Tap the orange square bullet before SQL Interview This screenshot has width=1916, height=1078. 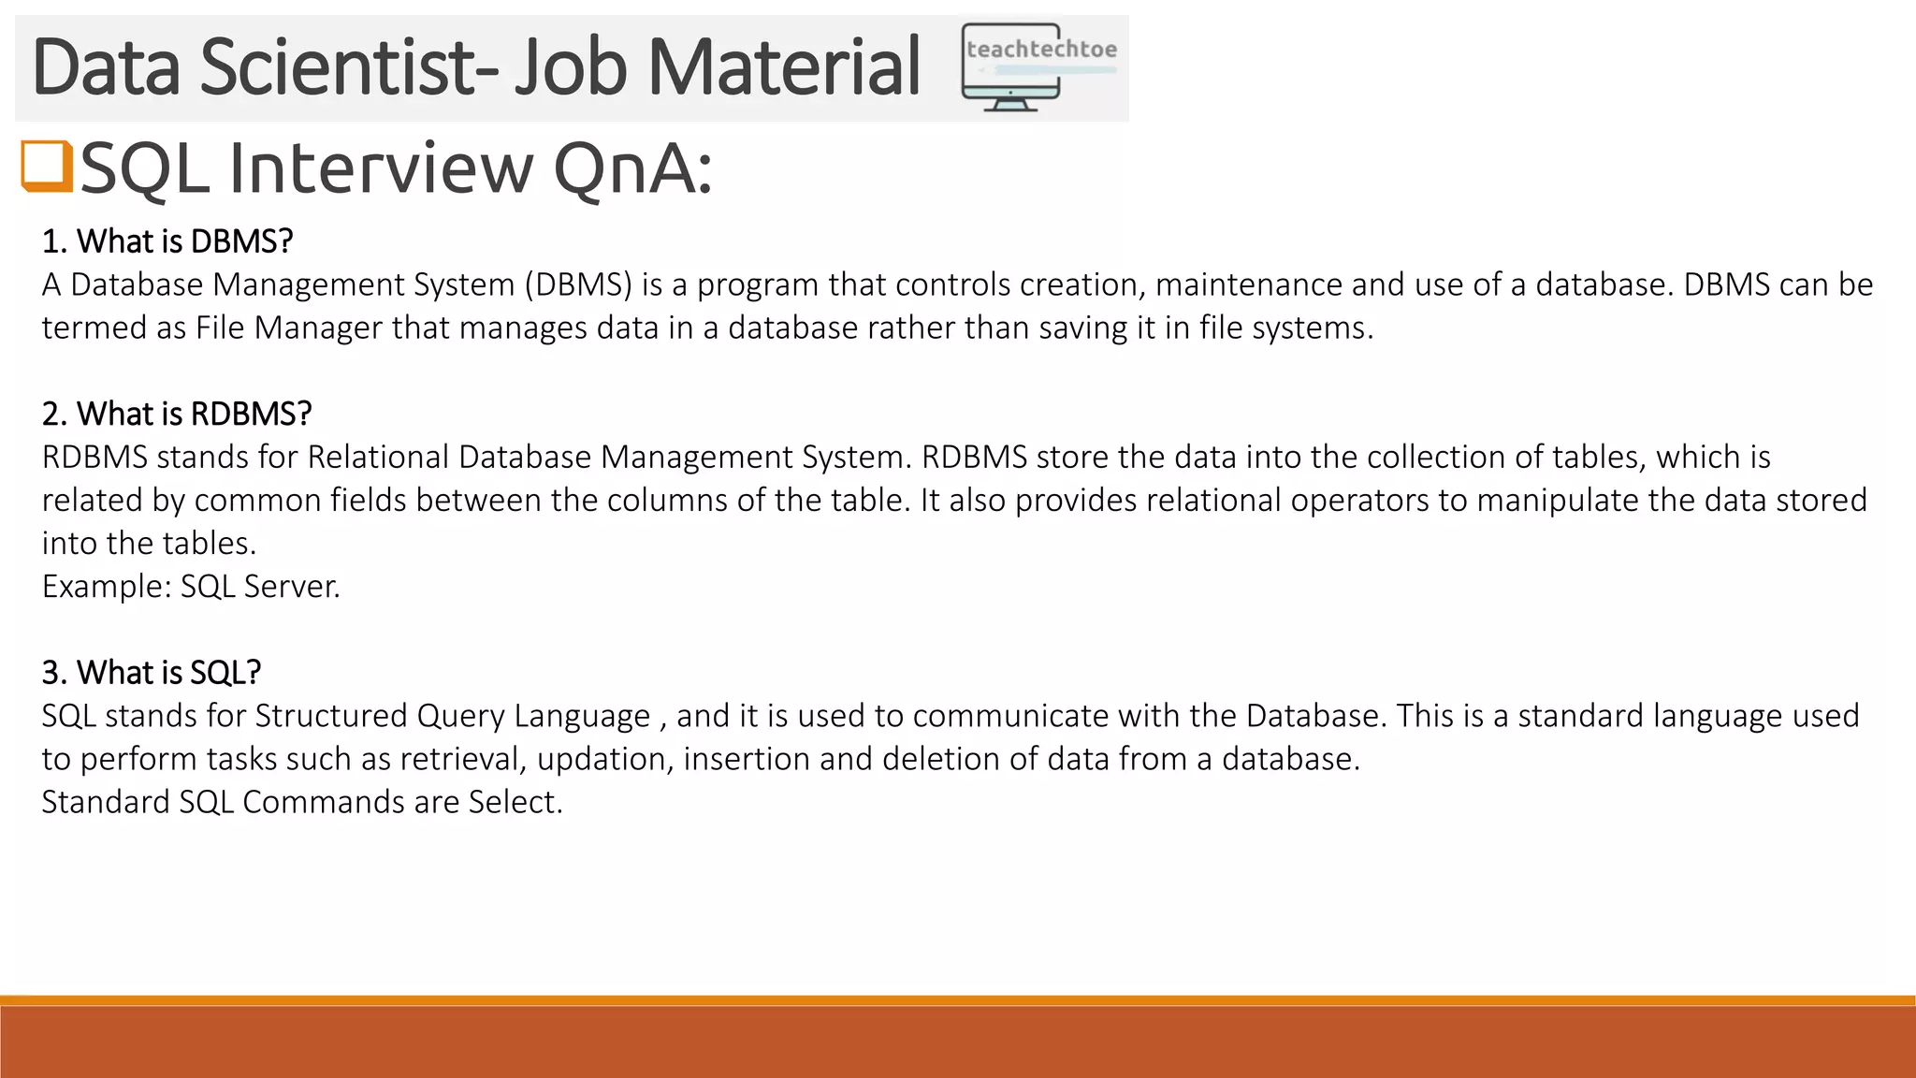click(47, 167)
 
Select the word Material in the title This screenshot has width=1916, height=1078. click(784, 66)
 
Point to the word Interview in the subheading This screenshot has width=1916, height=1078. click(380, 168)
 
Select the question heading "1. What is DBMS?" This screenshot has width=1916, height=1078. click(167, 241)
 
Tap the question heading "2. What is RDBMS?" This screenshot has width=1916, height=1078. click(177, 414)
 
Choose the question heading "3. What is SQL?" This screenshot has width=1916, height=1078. click(152, 672)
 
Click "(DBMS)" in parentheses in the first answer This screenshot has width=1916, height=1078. click(579, 284)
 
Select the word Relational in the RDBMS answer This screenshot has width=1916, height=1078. click(378, 457)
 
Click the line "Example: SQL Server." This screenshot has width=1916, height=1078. click(191, 586)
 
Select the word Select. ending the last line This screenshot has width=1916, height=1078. click(515, 802)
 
